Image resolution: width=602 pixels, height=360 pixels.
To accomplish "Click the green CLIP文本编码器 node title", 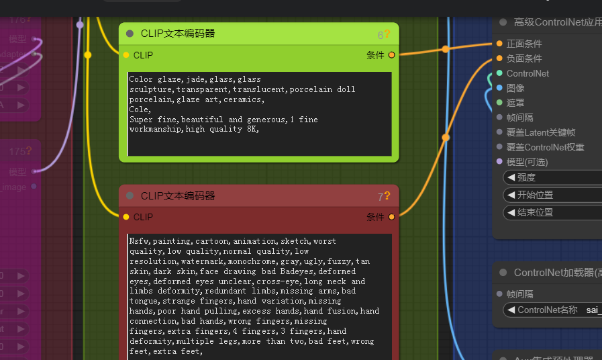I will point(178,34).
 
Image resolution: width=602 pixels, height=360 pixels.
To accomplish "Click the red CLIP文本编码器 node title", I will point(178,196).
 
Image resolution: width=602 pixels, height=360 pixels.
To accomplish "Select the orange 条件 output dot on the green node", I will point(391,55).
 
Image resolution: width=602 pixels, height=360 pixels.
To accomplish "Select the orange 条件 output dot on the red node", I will point(391,217).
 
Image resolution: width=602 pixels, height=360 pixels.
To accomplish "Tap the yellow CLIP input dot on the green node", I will point(126,55).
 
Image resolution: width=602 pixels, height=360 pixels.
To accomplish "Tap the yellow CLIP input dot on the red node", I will point(126,217).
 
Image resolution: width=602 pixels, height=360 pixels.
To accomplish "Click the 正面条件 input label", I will point(524,44).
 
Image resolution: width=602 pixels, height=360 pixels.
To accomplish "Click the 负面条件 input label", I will point(524,58).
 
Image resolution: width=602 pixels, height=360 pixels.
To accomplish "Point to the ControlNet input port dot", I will point(499,73).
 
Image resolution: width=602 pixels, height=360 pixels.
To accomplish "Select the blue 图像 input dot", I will point(499,88).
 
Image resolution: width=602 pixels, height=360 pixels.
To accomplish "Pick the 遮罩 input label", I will point(515,103).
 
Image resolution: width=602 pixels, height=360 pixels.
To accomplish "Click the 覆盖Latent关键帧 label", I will point(541,132).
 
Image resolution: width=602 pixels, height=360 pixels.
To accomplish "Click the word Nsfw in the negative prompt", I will point(139,241).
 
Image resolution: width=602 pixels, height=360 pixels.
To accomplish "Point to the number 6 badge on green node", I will point(380,35).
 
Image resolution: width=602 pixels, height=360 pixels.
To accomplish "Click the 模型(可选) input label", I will point(527,162).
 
